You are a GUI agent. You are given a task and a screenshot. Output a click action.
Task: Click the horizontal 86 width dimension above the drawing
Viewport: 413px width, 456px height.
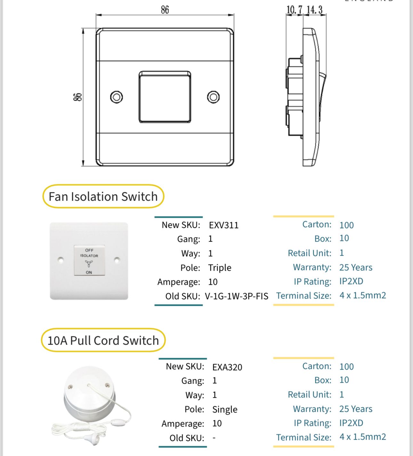click(x=165, y=10)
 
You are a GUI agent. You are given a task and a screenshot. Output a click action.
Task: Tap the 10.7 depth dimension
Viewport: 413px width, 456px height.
click(x=294, y=10)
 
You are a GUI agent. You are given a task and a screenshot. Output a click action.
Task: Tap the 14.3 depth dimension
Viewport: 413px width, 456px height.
click(x=314, y=10)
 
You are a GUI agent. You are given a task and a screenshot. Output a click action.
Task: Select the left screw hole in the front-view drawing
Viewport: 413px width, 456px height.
click(x=117, y=97)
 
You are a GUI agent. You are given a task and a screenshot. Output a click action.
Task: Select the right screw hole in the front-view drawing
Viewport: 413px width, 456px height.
click(x=213, y=97)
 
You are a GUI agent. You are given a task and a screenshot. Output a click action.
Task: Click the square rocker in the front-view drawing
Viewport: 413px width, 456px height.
click(x=165, y=97)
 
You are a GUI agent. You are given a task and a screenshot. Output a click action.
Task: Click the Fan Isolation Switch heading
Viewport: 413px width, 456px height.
click(x=103, y=196)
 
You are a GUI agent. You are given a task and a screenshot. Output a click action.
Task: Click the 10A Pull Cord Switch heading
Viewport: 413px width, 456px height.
click(x=103, y=340)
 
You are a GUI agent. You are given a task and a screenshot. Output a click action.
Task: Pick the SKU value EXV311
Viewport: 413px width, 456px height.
click(x=224, y=225)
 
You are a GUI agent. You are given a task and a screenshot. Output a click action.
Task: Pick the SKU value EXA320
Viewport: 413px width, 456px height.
click(x=227, y=367)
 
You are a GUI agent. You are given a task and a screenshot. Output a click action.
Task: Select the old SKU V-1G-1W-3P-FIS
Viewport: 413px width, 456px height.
click(x=237, y=296)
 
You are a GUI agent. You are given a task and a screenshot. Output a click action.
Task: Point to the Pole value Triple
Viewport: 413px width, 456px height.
click(x=220, y=268)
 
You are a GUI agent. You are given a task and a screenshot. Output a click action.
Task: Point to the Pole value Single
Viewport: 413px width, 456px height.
click(x=225, y=409)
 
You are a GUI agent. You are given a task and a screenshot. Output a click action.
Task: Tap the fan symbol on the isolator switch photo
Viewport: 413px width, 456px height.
click(x=89, y=264)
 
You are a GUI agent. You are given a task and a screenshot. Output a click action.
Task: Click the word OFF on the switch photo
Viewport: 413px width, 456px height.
click(x=89, y=250)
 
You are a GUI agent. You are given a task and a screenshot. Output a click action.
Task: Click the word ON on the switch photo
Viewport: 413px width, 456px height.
click(x=89, y=272)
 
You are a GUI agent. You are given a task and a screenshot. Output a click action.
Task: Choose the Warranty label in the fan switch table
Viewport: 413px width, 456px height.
click(x=312, y=267)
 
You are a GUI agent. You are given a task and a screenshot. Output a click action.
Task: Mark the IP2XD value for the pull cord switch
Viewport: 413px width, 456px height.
click(x=351, y=423)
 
